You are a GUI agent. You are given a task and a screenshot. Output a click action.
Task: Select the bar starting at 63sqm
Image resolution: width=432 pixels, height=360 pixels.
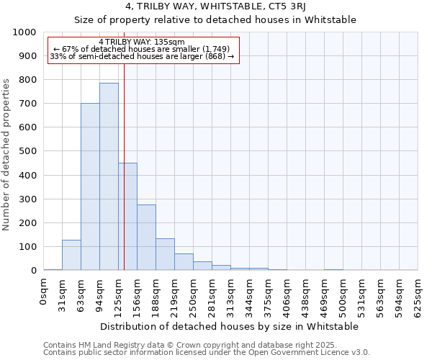pos(90,186)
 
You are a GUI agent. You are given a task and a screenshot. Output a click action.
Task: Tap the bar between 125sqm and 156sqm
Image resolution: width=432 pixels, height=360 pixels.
pos(128,216)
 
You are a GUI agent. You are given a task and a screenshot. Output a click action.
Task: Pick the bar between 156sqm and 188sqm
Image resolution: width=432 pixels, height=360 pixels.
pos(146,238)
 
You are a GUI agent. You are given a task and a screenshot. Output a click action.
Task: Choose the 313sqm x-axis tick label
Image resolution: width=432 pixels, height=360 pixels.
pos(231,295)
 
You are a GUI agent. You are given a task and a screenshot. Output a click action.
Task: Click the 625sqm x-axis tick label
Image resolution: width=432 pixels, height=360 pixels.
pos(418,295)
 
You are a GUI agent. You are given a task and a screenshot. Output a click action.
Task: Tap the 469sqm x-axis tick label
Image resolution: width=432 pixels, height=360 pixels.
pos(325,295)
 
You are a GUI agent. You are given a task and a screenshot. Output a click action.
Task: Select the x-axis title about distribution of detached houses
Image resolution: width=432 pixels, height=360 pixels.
pos(230,326)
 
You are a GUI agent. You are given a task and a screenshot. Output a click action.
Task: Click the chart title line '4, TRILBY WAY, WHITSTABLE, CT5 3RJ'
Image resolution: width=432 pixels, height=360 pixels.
pos(215,7)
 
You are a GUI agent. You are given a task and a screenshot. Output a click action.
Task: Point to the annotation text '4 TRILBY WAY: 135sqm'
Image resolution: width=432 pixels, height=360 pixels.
pos(142,42)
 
